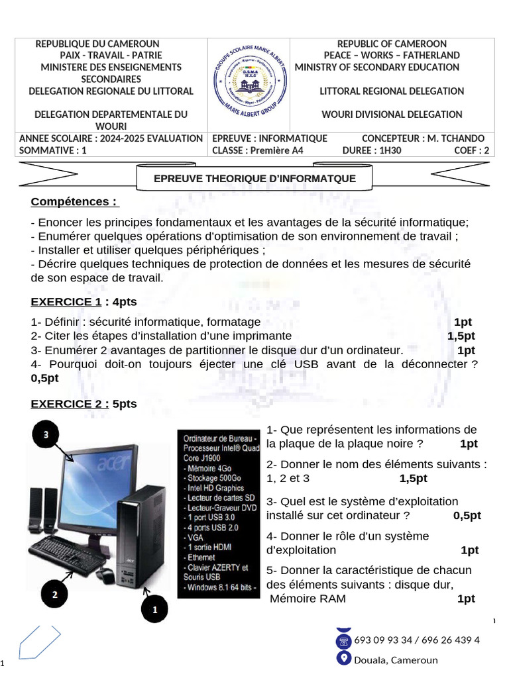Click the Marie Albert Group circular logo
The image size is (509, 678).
point(249,84)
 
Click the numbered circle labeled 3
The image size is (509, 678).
point(46,435)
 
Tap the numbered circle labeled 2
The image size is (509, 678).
point(55,594)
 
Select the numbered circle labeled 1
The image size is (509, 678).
point(155,609)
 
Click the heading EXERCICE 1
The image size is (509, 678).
point(66,302)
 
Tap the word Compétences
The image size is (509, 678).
point(74,201)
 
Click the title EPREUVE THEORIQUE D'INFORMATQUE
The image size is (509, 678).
point(254,179)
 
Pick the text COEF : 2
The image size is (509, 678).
point(471,150)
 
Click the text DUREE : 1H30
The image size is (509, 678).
point(372,150)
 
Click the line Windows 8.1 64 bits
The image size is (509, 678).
point(219,587)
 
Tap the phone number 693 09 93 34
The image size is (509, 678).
point(384,640)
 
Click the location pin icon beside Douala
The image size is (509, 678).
point(343,658)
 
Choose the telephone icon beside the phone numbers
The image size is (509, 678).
point(343,640)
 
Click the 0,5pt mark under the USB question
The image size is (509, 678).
point(45,378)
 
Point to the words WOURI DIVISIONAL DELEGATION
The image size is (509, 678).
point(392,115)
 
